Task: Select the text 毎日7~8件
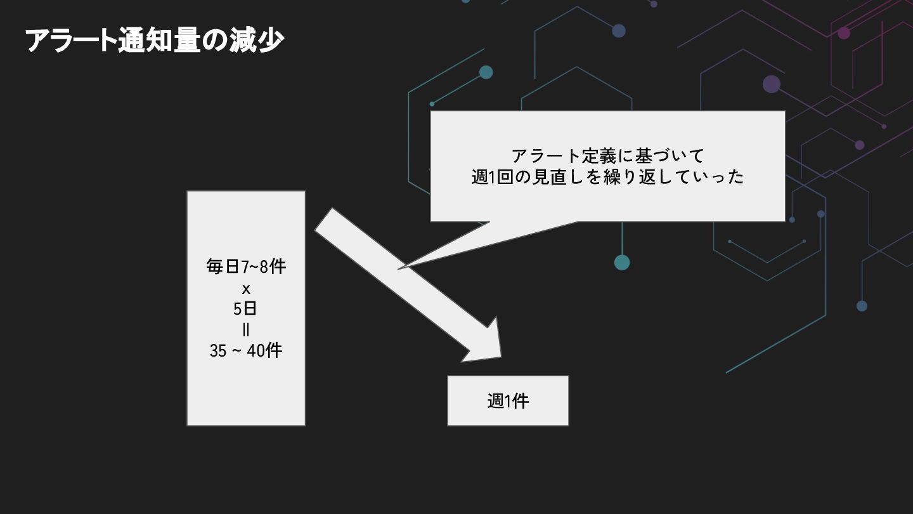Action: (246, 267)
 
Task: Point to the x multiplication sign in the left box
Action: (246, 290)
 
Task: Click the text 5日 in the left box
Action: (246, 309)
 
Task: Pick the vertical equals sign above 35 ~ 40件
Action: (246, 330)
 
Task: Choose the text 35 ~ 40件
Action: (246, 350)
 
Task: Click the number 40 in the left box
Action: (255, 350)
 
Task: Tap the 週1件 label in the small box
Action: (508, 401)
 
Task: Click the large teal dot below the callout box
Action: (622, 262)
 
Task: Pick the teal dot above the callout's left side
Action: (486, 72)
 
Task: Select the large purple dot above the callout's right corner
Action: (771, 84)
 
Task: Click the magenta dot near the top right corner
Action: (843, 33)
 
